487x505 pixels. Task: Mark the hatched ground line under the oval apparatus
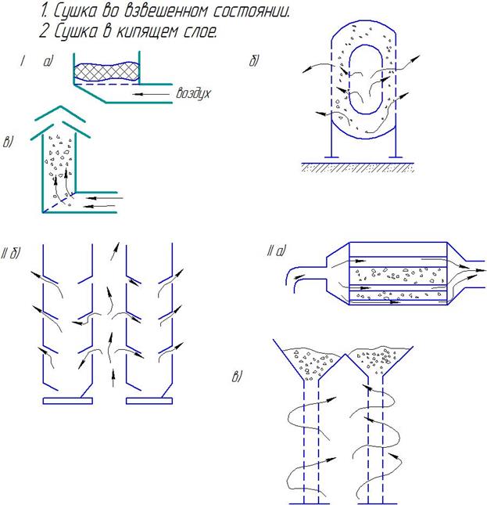pos(356,166)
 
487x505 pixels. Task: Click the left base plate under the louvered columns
pos(67,400)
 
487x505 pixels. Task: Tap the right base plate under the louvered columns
pos(149,400)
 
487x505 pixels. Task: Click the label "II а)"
pos(276,251)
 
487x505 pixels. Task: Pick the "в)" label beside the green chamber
pos(9,142)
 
